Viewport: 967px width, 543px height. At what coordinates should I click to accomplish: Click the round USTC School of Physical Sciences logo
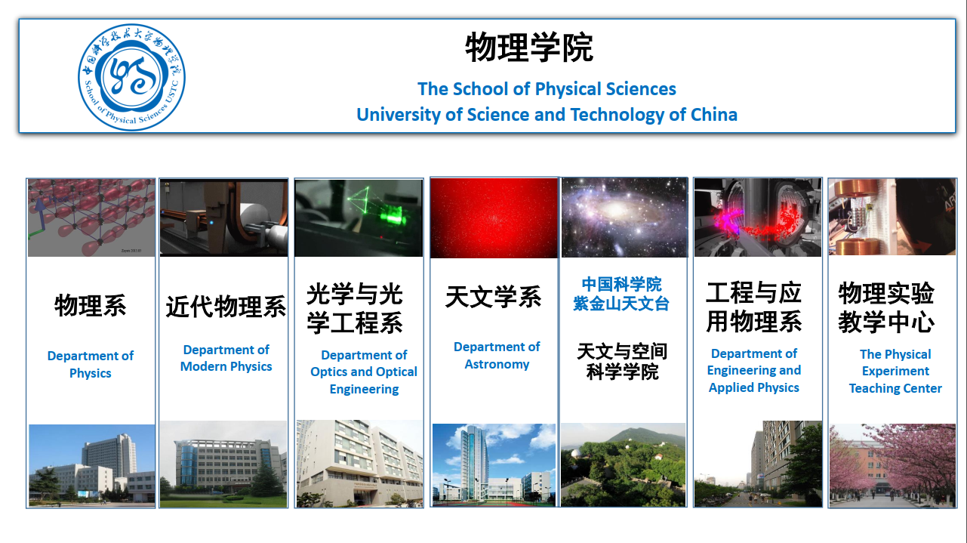click(131, 77)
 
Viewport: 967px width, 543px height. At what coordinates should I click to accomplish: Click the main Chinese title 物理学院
click(529, 48)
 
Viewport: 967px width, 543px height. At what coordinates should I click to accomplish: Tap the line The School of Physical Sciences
click(547, 89)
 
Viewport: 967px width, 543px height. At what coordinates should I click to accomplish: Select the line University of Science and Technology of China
click(547, 115)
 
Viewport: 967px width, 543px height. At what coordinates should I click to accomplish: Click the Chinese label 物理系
click(91, 305)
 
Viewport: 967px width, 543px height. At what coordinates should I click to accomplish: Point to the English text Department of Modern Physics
click(226, 358)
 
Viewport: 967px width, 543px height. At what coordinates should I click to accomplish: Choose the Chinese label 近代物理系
click(226, 307)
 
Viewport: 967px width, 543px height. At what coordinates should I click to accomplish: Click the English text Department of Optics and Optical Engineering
click(364, 372)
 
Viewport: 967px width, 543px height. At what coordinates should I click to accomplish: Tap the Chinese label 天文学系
click(494, 297)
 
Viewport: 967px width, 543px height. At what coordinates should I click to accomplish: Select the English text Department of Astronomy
click(497, 356)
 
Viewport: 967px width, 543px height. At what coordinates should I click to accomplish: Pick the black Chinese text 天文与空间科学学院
click(622, 362)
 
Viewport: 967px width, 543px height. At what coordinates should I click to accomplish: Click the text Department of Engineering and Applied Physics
click(753, 371)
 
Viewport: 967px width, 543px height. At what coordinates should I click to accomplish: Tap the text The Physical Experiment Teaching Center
click(895, 371)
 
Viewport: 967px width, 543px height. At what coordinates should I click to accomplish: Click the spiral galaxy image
click(624, 218)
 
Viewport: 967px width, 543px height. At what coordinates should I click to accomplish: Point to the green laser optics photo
click(359, 218)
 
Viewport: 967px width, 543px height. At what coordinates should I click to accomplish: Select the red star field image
click(494, 218)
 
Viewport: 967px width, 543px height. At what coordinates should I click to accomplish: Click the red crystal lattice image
click(91, 218)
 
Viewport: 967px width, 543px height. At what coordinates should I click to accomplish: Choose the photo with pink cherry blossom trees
click(892, 466)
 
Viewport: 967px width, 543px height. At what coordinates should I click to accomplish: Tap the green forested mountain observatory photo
click(624, 464)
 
